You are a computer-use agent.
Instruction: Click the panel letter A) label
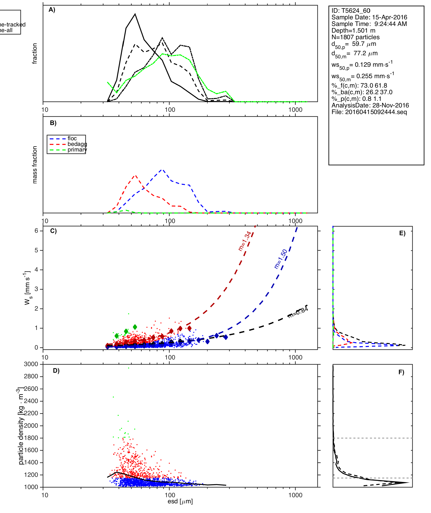52,10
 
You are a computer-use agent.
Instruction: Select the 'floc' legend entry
72,138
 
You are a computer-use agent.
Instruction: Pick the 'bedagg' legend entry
77,144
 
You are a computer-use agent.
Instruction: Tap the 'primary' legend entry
77,150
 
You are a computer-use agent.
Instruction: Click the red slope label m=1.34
245,241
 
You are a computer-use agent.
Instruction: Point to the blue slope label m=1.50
281,259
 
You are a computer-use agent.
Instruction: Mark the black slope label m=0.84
298,312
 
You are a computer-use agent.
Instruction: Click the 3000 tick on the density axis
31,364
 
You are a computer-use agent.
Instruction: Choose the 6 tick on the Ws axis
36,231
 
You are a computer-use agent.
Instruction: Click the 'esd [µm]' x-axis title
180,501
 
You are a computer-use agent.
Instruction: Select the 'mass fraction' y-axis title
35,165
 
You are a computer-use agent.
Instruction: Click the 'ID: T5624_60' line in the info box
351,11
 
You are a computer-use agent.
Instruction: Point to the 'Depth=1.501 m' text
353,31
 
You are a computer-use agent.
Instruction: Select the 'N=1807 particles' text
355,37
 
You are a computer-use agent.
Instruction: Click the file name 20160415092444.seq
376,112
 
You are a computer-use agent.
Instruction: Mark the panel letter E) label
402,233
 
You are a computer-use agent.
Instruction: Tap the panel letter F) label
401,372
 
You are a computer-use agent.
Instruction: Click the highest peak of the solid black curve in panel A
135,14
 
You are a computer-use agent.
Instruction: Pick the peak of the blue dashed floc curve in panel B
162,169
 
